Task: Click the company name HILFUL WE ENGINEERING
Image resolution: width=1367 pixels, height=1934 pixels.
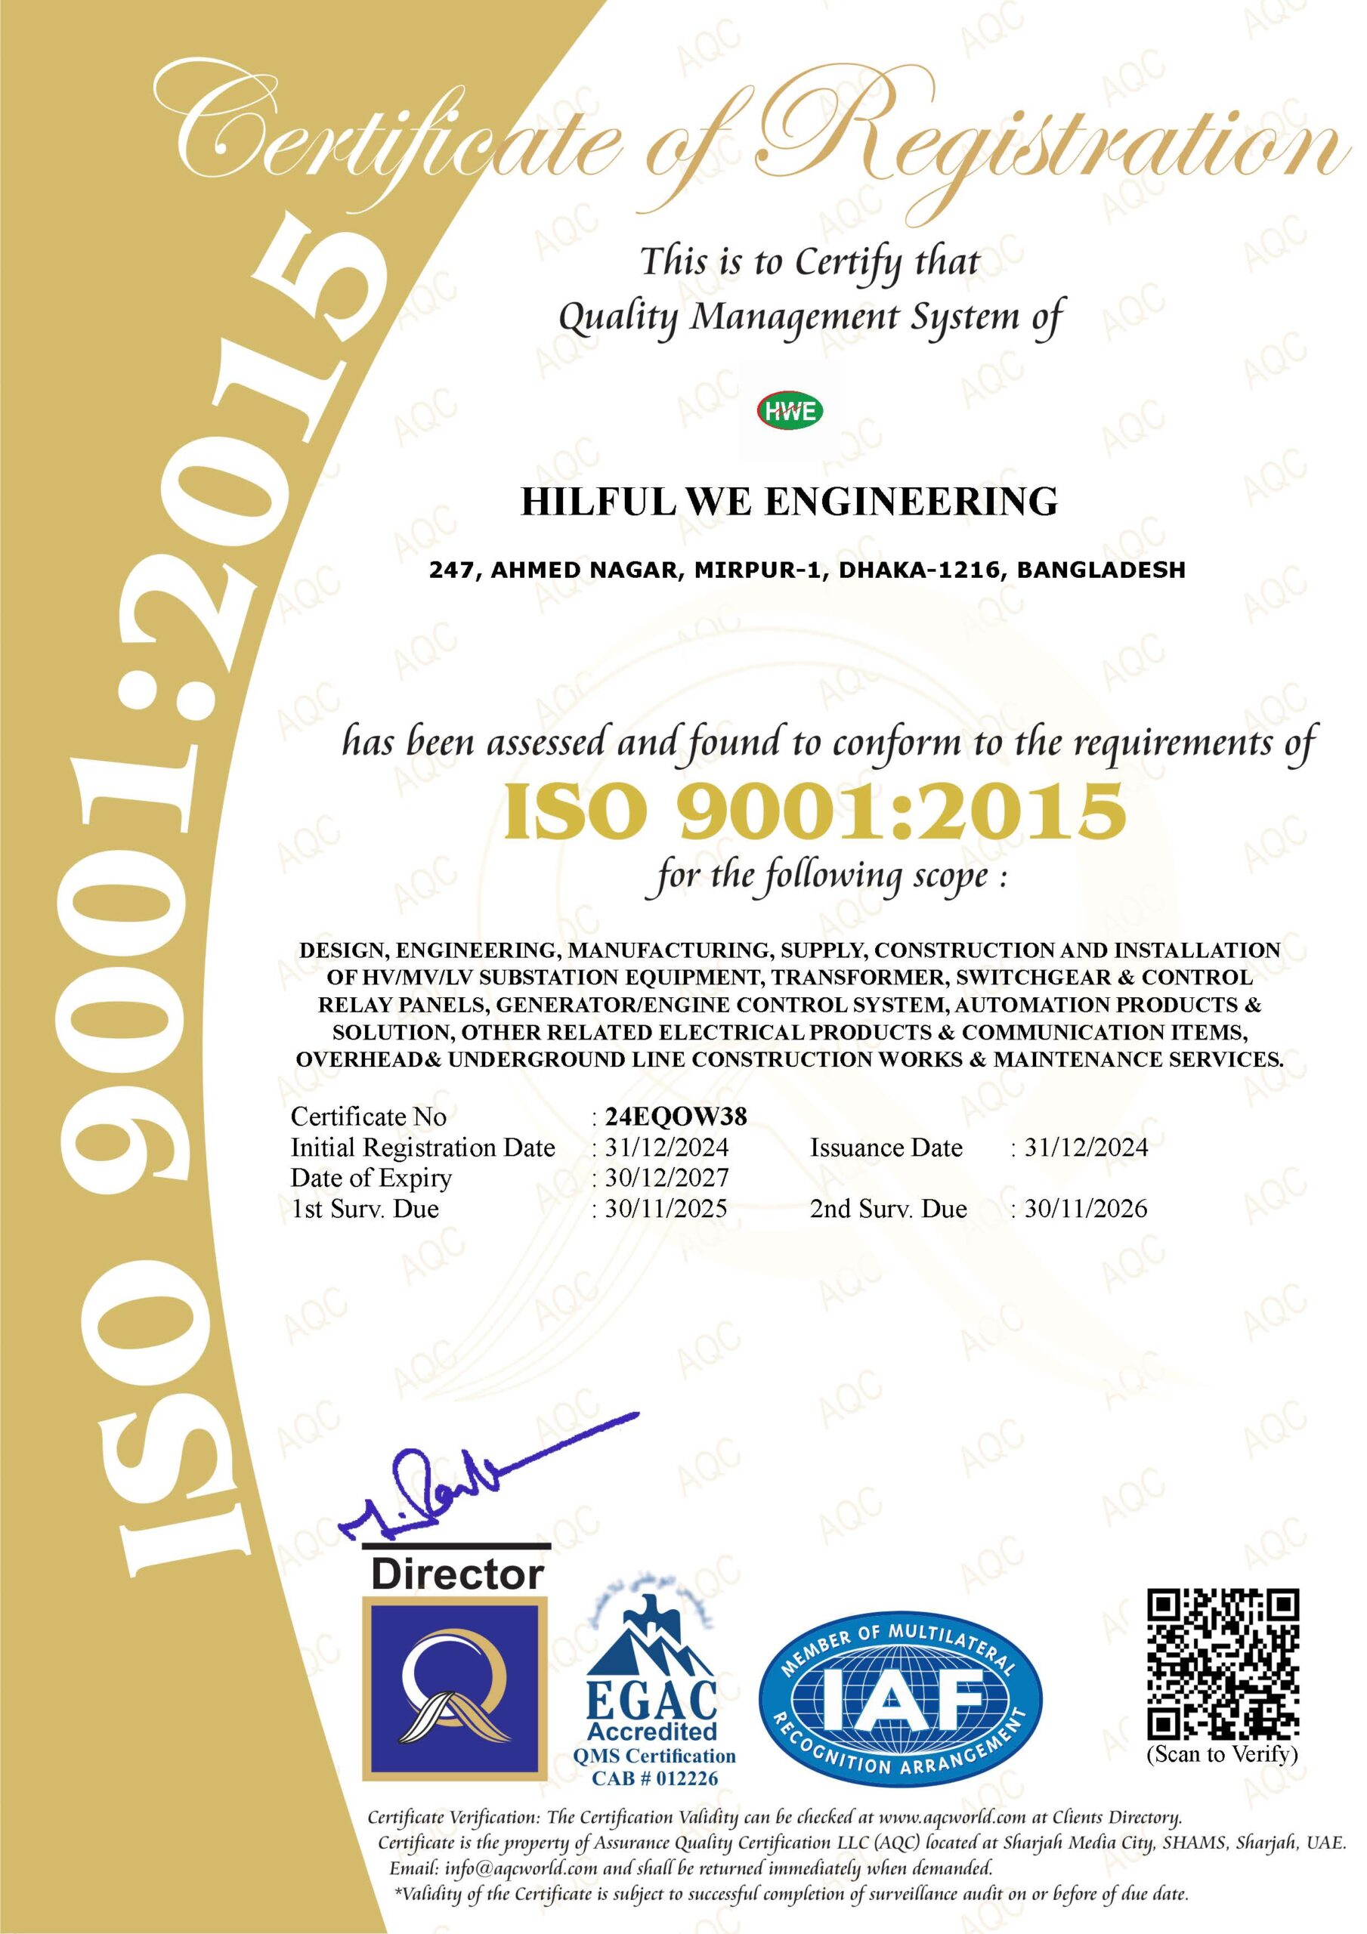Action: [x=790, y=502]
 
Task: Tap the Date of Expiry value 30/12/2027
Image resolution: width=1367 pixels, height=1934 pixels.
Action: [x=666, y=1178]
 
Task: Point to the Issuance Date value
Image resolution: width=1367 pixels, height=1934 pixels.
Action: [x=1085, y=1148]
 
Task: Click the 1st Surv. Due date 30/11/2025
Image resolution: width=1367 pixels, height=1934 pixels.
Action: [x=666, y=1209]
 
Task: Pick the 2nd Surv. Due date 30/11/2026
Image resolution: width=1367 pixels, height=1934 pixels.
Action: [x=1085, y=1209]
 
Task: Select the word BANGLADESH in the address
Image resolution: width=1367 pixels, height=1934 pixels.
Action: [x=1101, y=570]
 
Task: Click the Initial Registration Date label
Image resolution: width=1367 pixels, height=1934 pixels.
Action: [x=423, y=1148]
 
